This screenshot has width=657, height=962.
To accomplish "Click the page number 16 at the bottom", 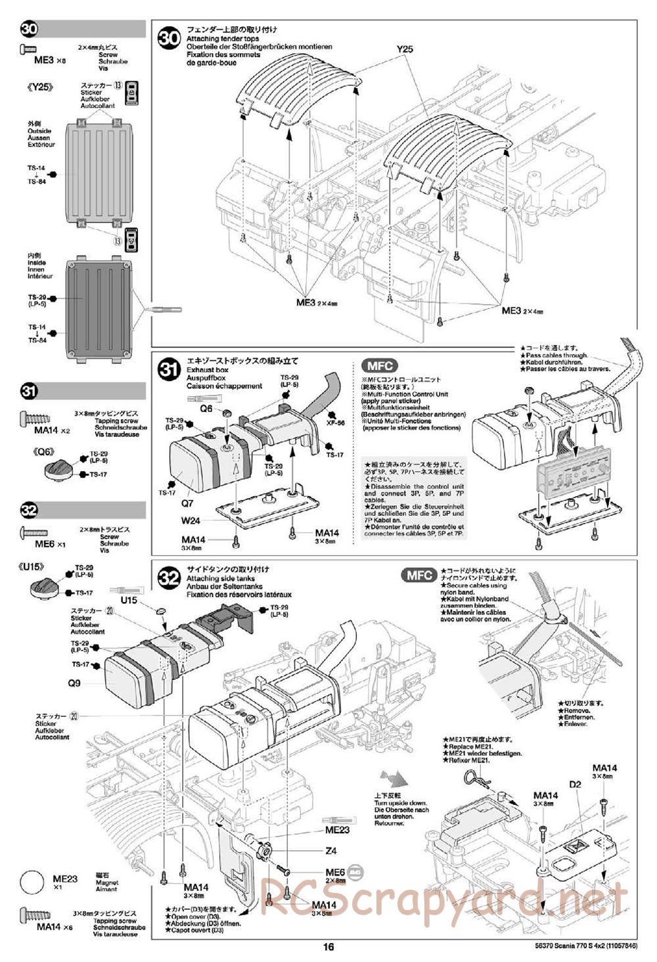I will click(328, 947).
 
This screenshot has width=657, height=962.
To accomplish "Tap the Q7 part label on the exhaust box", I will click(188, 503).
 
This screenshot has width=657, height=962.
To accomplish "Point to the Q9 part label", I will click(74, 683).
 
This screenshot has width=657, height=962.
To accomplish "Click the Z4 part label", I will click(331, 851).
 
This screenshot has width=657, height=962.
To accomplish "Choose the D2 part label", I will click(576, 785).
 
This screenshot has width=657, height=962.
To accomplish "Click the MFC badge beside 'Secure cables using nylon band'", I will click(419, 576).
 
